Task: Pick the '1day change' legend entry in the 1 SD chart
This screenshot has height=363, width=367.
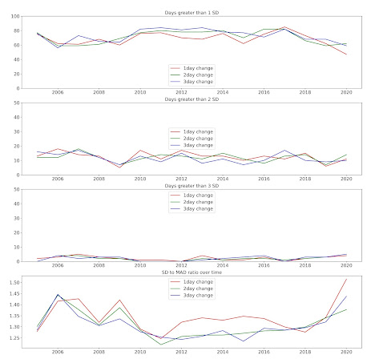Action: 196,69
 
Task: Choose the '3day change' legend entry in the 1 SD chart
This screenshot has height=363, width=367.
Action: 196,82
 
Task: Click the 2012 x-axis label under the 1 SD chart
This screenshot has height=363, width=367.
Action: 181,93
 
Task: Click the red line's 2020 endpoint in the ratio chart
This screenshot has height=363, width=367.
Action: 346,280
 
